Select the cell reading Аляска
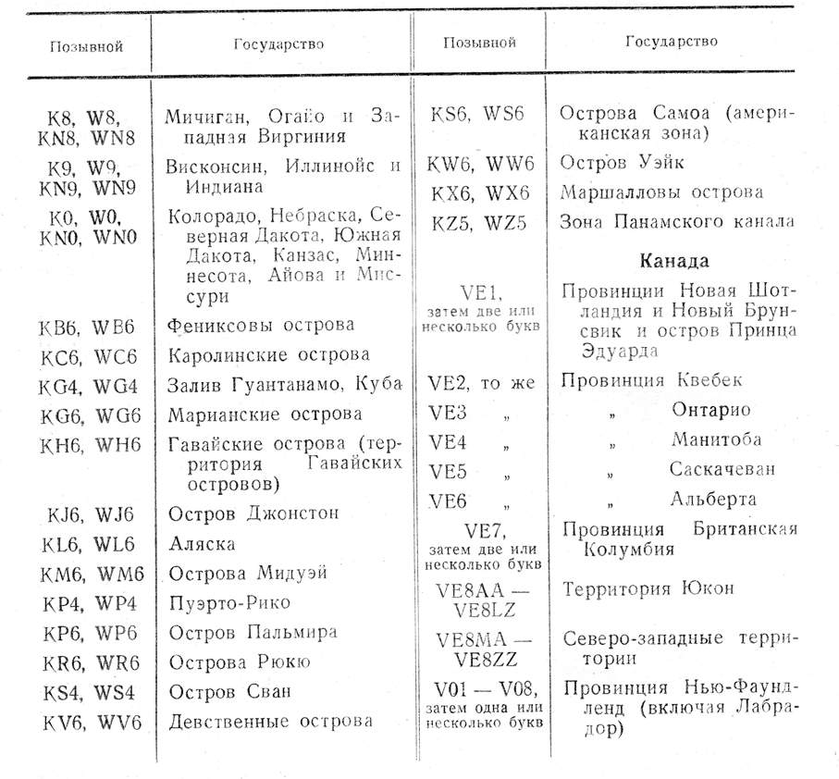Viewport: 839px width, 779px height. pyautogui.click(x=202, y=544)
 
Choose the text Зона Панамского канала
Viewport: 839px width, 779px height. pyautogui.click(x=676, y=223)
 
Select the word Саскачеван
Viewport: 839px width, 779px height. pyautogui.click(x=722, y=469)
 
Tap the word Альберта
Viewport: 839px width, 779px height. pyautogui.click(x=713, y=500)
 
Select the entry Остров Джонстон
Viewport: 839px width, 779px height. pyautogui.click(x=253, y=513)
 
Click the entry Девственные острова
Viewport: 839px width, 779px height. pyautogui.click(x=270, y=721)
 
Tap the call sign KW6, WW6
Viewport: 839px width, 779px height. pyautogui.click(x=480, y=163)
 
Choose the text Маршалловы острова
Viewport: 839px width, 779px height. pyautogui.click(x=661, y=192)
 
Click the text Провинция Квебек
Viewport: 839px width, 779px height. pyautogui.click(x=651, y=380)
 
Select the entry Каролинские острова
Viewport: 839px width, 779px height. pyautogui.click(x=268, y=355)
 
